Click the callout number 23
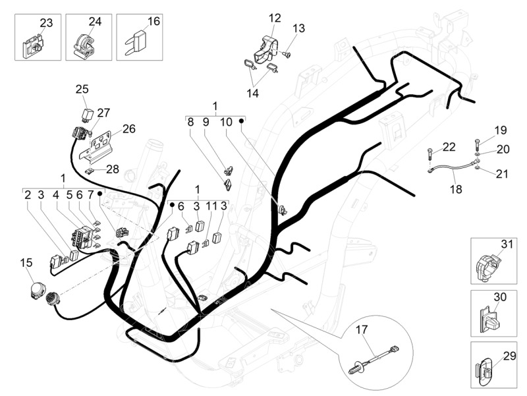pos(46,23)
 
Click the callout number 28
pos(113,169)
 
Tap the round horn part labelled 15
pos(37,291)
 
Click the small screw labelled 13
pos(287,54)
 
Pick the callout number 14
pos(253,94)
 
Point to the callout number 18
pos(456,189)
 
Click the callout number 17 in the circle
pos(362,329)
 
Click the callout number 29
pos(509,356)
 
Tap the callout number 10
pos(226,122)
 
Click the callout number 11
pos(211,206)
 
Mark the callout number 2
pos(28,194)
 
